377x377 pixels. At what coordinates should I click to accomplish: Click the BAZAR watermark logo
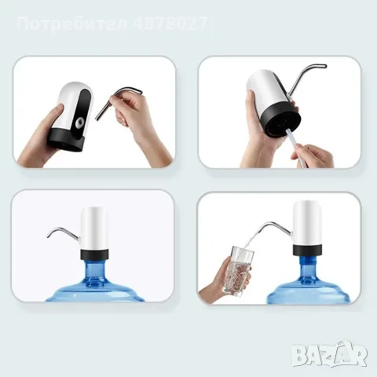coord(330,355)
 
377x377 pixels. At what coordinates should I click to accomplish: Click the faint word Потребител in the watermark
coord(72,24)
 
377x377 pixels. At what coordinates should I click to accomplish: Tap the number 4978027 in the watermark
coord(170,24)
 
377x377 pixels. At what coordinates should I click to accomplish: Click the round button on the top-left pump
coord(79,122)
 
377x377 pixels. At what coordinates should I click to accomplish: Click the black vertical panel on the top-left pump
coord(85,115)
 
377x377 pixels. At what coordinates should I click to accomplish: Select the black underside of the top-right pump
coord(283,119)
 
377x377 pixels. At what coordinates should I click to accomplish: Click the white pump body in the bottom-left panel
coord(94,227)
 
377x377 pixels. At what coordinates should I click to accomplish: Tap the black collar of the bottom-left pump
coord(94,254)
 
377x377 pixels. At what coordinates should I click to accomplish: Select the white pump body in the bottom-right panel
coord(307,223)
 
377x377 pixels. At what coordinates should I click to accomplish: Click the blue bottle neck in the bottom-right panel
coord(308,268)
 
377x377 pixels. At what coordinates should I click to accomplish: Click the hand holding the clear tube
coord(313,156)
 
